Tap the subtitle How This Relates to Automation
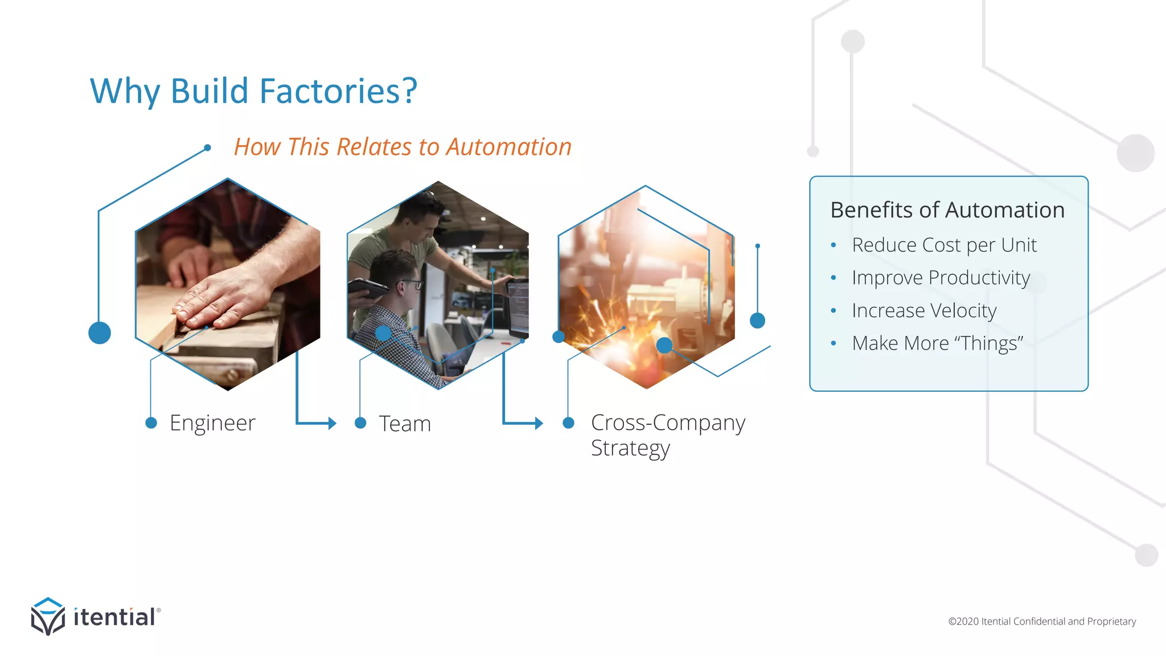point(403,147)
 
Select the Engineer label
point(212,423)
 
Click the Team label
point(405,424)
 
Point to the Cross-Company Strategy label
point(667,435)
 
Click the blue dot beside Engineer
point(151,423)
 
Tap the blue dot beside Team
point(360,423)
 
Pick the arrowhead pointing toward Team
point(332,423)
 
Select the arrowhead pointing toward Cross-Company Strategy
point(539,423)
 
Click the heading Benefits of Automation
point(947,210)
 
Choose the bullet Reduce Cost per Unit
point(944,245)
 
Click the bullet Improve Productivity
point(941,278)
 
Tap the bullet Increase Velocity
point(924,311)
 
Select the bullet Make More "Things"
point(937,343)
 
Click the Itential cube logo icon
point(48,616)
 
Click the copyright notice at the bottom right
point(1041,621)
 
